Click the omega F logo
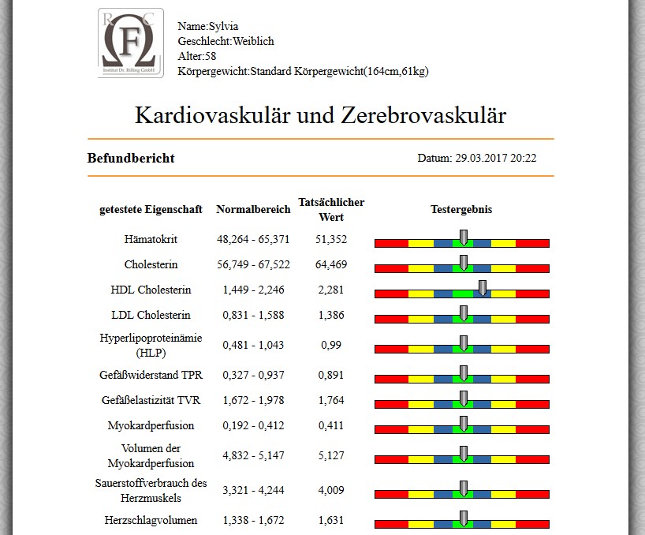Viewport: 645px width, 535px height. pos(131,43)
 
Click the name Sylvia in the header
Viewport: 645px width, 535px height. pos(223,26)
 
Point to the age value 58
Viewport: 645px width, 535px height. pos(211,56)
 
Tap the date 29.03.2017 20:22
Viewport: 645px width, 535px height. pos(496,158)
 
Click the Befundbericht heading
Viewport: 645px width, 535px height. pos(131,158)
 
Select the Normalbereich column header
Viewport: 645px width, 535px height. pos(253,209)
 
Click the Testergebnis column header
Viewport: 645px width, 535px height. pos(461,209)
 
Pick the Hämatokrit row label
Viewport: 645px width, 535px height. pos(151,239)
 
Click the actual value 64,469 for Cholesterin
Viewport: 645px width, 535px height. pos(331,264)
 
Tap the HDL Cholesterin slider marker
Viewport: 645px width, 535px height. pos(483,288)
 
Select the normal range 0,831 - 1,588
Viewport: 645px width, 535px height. pos(253,315)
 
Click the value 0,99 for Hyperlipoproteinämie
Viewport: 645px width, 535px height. pos(331,345)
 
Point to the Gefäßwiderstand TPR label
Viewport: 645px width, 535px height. pos(151,375)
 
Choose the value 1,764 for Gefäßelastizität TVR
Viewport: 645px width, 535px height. pos(331,400)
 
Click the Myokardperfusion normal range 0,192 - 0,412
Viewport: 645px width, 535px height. pos(253,425)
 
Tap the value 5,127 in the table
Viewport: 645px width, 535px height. pos(331,455)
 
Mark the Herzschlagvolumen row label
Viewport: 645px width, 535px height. pos(151,520)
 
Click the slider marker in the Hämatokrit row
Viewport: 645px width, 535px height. pos(464,238)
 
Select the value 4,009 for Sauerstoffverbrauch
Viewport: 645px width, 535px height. pos(331,490)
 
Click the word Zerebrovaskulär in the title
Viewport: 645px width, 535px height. pos(423,115)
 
